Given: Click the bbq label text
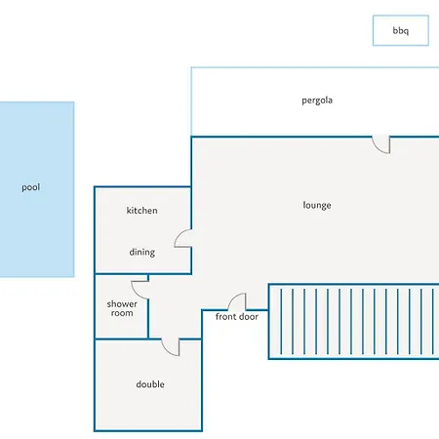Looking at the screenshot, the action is pyautogui.click(x=401, y=31).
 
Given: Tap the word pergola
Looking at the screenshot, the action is pyautogui.click(x=317, y=100).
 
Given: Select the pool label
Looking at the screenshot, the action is pyautogui.click(x=31, y=187).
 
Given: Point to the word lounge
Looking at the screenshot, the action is pyautogui.click(x=317, y=205).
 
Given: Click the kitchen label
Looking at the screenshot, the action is pyautogui.click(x=142, y=211).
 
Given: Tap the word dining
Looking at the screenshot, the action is pyautogui.click(x=142, y=253).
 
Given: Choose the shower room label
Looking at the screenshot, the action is pyautogui.click(x=122, y=308).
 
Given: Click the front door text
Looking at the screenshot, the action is pyautogui.click(x=237, y=317).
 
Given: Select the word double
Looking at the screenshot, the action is pyautogui.click(x=150, y=384).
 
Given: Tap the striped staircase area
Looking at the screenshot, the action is pyautogui.click(x=354, y=322).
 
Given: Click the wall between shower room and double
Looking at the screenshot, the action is pyautogui.click(x=121, y=339).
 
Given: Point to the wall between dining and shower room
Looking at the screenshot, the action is pyautogui.click(x=121, y=274).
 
